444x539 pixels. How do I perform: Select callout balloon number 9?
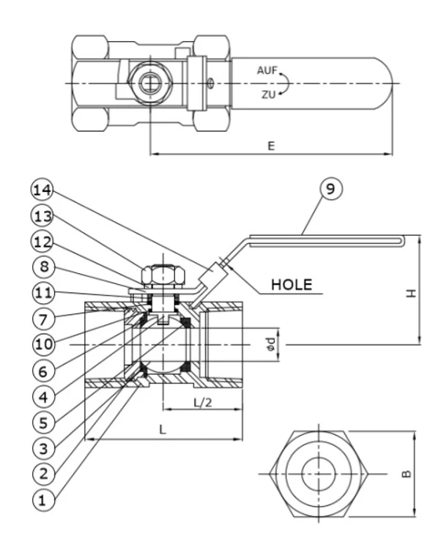pos(330,189)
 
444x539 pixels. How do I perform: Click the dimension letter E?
pos(270,146)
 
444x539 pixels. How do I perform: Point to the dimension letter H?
pos(412,291)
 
